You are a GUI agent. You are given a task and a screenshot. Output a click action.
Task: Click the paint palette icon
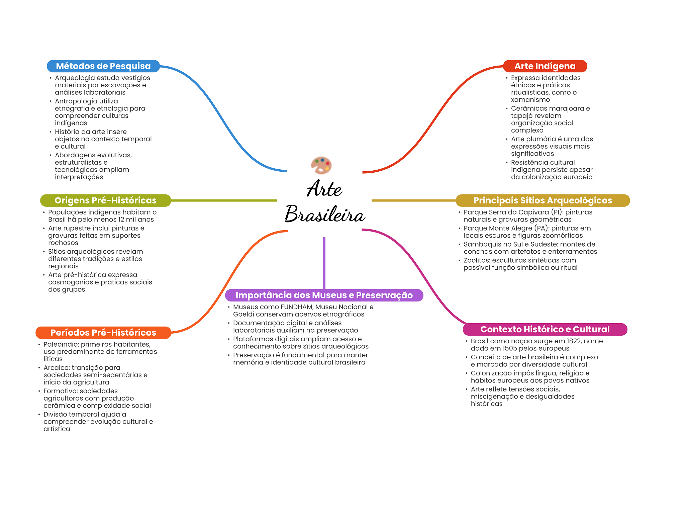pyautogui.click(x=321, y=165)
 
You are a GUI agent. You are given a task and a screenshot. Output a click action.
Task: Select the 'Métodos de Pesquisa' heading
pyautogui.click(x=103, y=66)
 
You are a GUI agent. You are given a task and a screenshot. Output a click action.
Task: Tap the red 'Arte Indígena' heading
pyautogui.click(x=545, y=66)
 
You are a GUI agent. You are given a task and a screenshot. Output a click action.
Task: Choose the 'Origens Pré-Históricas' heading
pyautogui.click(x=105, y=200)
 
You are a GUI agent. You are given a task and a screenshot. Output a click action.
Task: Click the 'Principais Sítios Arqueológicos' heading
pyautogui.click(x=543, y=200)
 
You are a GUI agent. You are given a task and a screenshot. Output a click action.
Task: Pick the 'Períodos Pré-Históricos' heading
pyautogui.click(x=103, y=333)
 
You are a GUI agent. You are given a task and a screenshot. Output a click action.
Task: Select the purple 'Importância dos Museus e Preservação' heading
pyautogui.click(x=324, y=295)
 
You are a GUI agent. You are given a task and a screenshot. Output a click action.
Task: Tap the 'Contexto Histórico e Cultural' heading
pyautogui.click(x=545, y=329)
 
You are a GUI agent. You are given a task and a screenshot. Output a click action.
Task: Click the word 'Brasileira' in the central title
pyautogui.click(x=324, y=214)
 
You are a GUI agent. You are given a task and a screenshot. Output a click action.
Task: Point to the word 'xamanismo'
pyautogui.click(x=530, y=100)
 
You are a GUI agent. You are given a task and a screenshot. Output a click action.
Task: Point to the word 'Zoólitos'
pyautogui.click(x=477, y=260)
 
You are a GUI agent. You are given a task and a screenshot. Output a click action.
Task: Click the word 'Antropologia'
pyautogui.click(x=86, y=101)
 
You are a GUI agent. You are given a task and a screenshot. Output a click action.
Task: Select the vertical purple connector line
pyautogui.click(x=324, y=263)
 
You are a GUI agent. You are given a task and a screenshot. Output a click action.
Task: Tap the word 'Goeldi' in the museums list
pyautogui.click(x=243, y=314)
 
